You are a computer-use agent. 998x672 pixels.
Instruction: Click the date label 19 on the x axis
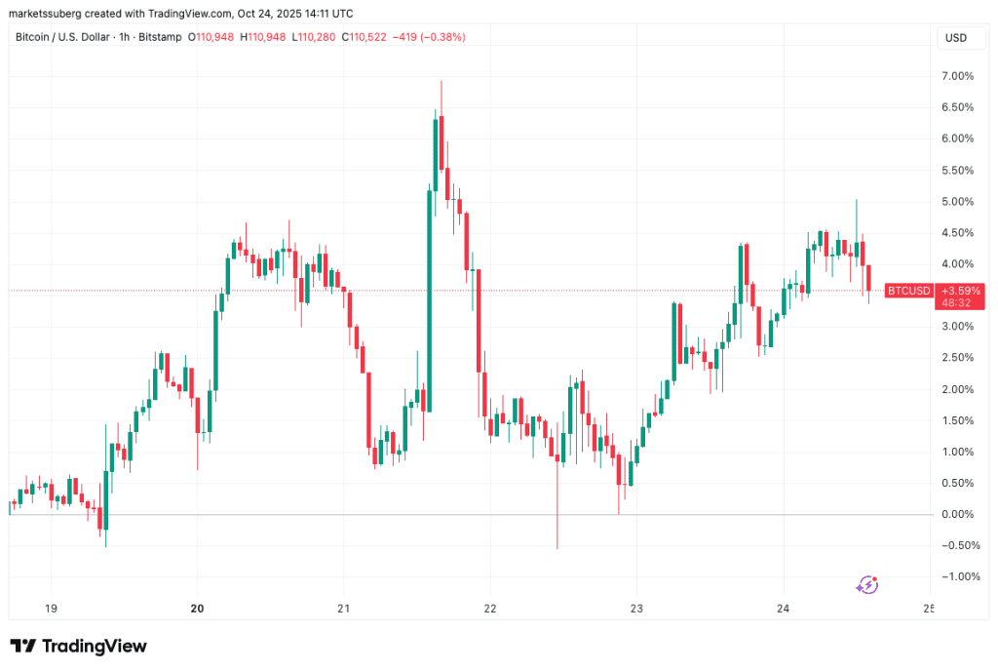click(x=51, y=607)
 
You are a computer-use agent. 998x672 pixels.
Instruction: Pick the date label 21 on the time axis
click(x=343, y=607)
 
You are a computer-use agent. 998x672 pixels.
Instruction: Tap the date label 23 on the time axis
click(x=635, y=607)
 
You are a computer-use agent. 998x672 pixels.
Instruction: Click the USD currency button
click(x=956, y=37)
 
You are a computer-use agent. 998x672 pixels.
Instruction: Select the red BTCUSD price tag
click(x=908, y=291)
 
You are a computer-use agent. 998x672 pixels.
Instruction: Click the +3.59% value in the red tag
click(x=960, y=291)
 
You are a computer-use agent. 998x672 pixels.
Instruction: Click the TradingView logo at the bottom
click(x=78, y=646)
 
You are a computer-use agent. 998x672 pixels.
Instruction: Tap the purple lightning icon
click(x=866, y=584)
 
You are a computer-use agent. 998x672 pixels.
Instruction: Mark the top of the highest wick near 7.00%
click(x=441, y=81)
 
